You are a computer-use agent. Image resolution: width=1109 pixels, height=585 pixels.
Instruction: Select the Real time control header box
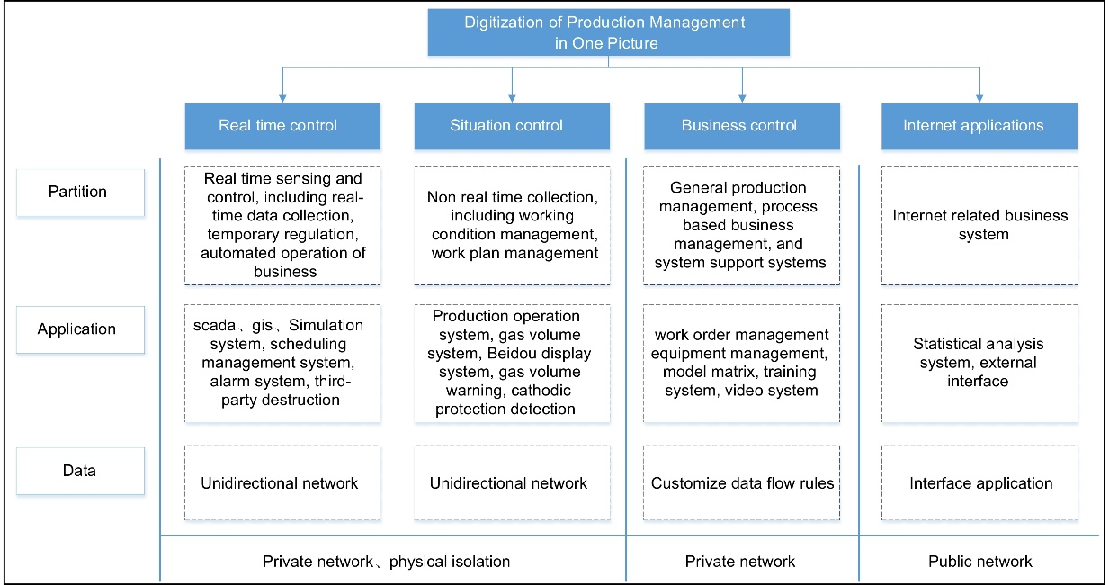click(278, 125)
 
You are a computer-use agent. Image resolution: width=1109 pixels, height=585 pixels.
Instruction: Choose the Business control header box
click(739, 125)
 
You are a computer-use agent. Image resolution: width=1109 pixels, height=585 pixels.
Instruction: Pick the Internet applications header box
click(973, 125)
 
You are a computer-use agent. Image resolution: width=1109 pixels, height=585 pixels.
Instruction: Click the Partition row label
click(79, 192)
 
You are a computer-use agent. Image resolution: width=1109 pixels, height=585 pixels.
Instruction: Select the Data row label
click(79, 470)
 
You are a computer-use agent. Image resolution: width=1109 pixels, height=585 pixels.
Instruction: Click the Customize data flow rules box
click(743, 483)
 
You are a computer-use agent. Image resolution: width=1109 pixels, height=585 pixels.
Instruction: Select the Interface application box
click(980, 483)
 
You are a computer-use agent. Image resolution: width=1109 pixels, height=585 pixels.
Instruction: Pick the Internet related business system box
click(980, 225)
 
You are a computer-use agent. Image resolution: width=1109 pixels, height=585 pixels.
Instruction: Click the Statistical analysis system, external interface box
click(980, 363)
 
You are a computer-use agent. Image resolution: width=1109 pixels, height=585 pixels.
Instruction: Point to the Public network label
click(980, 562)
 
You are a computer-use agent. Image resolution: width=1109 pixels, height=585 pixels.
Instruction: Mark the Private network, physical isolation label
click(387, 562)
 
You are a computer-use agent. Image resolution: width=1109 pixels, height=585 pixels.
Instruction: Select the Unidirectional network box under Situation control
click(509, 483)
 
